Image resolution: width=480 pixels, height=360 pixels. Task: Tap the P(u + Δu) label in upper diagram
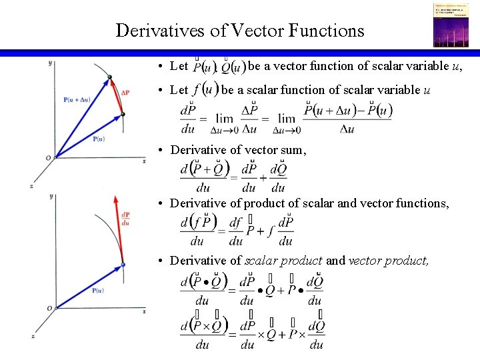click(x=78, y=100)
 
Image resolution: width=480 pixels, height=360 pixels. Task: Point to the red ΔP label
click(x=125, y=93)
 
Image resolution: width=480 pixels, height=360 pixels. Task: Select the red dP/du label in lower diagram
click(x=126, y=218)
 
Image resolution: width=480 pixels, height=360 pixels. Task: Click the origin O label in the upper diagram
click(x=48, y=158)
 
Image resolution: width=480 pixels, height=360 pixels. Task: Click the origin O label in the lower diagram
click(x=49, y=308)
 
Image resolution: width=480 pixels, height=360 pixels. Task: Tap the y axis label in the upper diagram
click(x=51, y=63)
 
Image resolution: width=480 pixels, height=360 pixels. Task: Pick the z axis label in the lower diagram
click(x=31, y=337)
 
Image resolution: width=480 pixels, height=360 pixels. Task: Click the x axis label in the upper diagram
click(x=144, y=161)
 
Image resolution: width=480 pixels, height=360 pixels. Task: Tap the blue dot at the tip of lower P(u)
click(x=122, y=265)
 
